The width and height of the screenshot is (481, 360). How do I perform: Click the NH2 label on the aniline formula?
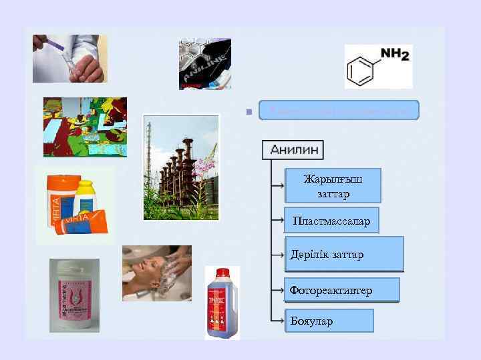394,55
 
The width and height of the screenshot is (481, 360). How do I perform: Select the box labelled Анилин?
293,149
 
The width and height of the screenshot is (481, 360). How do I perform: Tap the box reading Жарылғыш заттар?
333,185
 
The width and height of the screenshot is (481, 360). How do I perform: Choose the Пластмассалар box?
331,220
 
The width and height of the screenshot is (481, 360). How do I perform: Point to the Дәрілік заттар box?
343,254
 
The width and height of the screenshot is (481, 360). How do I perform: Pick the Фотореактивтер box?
341,290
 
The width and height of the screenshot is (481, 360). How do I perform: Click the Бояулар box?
328,321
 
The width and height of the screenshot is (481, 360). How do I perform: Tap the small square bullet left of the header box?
247,111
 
